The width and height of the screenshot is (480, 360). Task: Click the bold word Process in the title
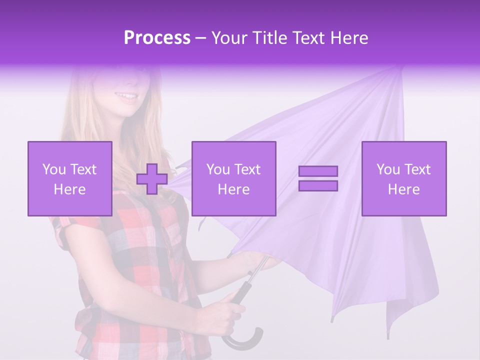(x=157, y=37)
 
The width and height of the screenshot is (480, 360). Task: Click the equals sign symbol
(x=318, y=178)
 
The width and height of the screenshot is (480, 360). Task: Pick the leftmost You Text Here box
(x=69, y=178)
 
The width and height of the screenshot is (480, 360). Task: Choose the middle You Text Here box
(x=233, y=178)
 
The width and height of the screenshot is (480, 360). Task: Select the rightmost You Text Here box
(x=403, y=178)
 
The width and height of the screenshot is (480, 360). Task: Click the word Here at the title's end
(x=350, y=37)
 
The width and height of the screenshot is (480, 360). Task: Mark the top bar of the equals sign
(x=318, y=171)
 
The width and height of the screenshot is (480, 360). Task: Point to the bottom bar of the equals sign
(x=318, y=185)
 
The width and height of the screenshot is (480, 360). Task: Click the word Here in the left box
(x=69, y=189)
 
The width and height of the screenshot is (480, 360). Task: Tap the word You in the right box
(x=388, y=169)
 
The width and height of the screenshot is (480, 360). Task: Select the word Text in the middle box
(x=247, y=169)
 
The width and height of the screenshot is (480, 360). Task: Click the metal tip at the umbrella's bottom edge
(x=331, y=318)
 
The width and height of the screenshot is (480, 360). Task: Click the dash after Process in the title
(x=201, y=38)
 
